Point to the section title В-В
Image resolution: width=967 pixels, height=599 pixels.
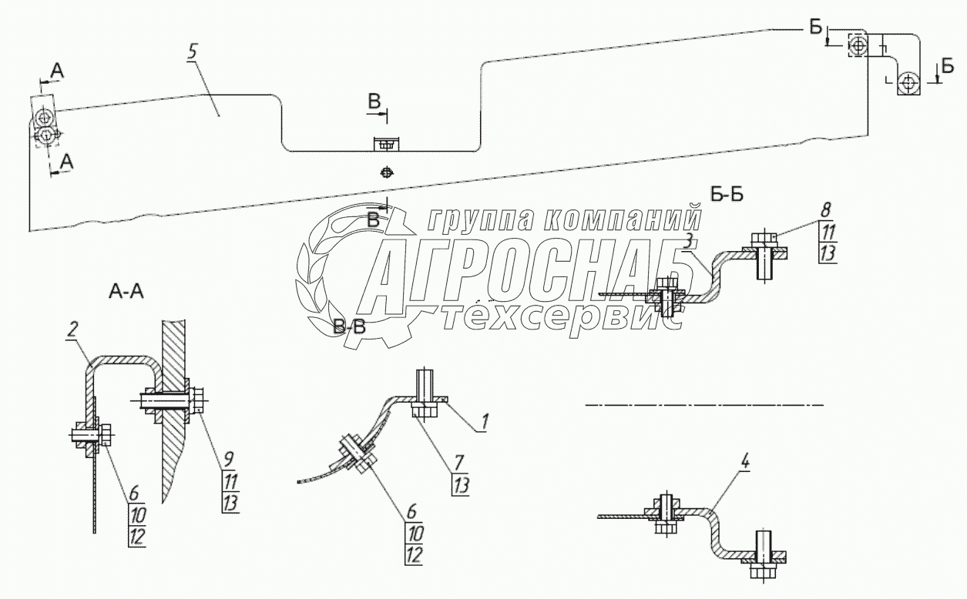click(351, 328)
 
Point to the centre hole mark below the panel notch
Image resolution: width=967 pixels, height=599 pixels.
click(387, 172)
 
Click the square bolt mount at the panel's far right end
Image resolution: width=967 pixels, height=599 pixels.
click(909, 82)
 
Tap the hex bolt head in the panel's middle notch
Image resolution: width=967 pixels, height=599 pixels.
click(387, 143)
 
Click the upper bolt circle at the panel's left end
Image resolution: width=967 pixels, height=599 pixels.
click(45, 117)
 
